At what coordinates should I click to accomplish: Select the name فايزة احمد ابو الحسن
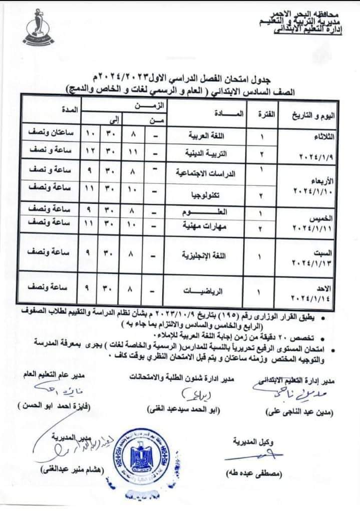pyautogui.click(x=53, y=406)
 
